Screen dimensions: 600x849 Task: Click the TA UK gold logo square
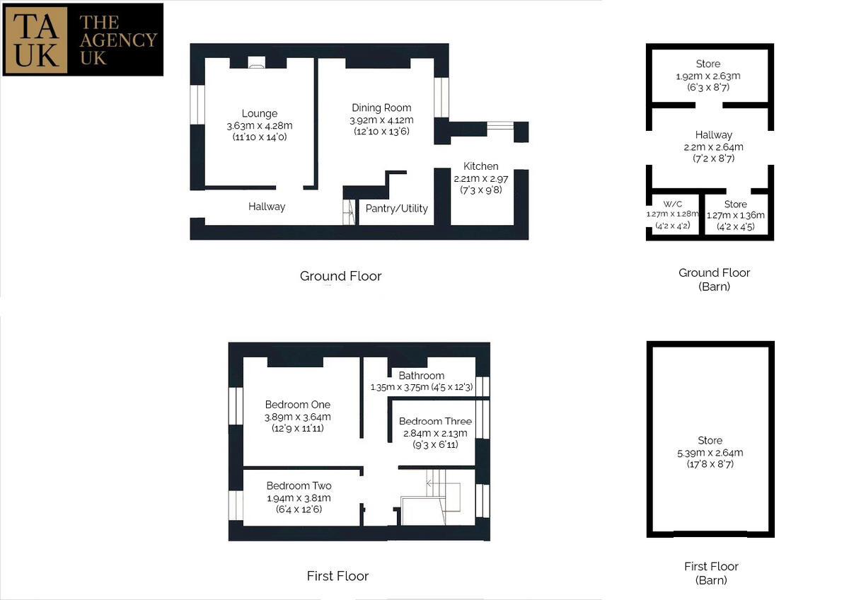36,39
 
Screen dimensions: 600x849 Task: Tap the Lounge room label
259,113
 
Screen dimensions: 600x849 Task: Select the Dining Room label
381,108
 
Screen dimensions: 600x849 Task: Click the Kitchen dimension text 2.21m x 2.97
480,179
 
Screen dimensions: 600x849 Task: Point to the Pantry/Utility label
396,208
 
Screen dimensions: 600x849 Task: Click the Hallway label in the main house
267,207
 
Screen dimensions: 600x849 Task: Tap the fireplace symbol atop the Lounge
256,62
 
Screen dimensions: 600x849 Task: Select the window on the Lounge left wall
197,104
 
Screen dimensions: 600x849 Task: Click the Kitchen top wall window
500,126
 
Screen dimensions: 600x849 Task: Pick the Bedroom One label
298,405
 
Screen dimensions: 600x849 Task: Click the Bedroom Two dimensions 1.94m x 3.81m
299,498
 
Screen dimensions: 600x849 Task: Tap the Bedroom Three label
435,422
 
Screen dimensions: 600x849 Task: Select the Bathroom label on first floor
422,376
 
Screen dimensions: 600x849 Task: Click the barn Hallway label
714,134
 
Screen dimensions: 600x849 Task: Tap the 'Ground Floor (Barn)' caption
714,279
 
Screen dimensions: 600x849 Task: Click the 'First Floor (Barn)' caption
711,573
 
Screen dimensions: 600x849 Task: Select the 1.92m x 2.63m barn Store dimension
708,76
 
